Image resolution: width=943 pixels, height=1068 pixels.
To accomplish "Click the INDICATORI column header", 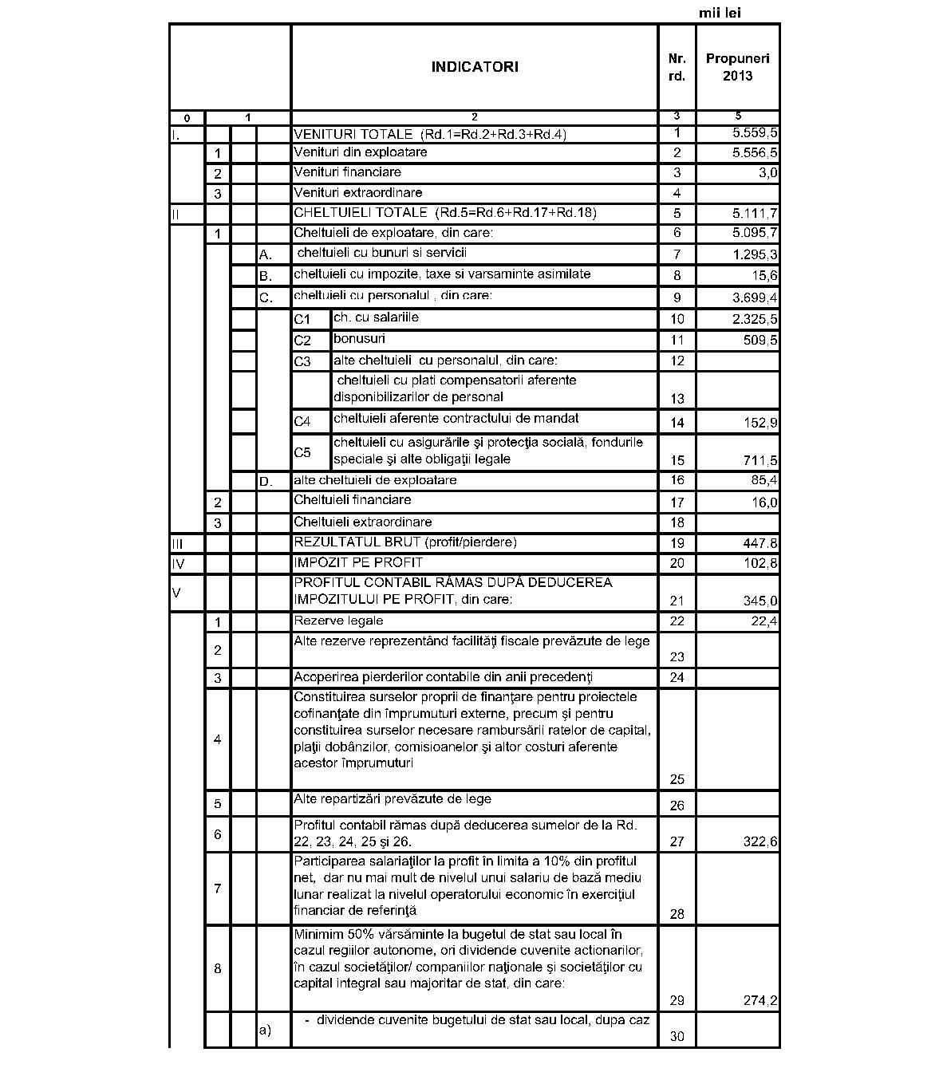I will point(474,67).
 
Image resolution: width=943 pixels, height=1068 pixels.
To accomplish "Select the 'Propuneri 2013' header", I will point(737,67).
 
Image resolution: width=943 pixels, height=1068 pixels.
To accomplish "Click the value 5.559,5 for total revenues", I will point(755,134).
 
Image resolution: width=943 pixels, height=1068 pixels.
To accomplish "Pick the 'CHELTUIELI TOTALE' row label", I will point(444,213).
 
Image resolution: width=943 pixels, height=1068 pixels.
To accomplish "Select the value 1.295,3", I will point(755,254).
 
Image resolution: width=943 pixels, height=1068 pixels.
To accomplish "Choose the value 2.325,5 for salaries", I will point(755,320).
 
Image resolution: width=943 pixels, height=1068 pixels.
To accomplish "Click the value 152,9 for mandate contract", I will point(760,422).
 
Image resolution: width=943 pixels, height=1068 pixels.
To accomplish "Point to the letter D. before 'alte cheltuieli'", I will point(266,482).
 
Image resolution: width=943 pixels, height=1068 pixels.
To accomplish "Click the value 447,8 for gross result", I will point(760,543).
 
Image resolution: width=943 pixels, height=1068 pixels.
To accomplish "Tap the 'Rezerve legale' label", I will point(338,621).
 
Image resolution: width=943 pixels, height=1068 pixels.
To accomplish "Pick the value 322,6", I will point(760,841).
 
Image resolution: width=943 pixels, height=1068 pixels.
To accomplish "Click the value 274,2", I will point(760,1001).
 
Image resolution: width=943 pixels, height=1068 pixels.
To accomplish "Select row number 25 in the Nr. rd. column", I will point(677,779).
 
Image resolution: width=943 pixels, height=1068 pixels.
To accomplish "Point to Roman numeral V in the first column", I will point(176,593).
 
